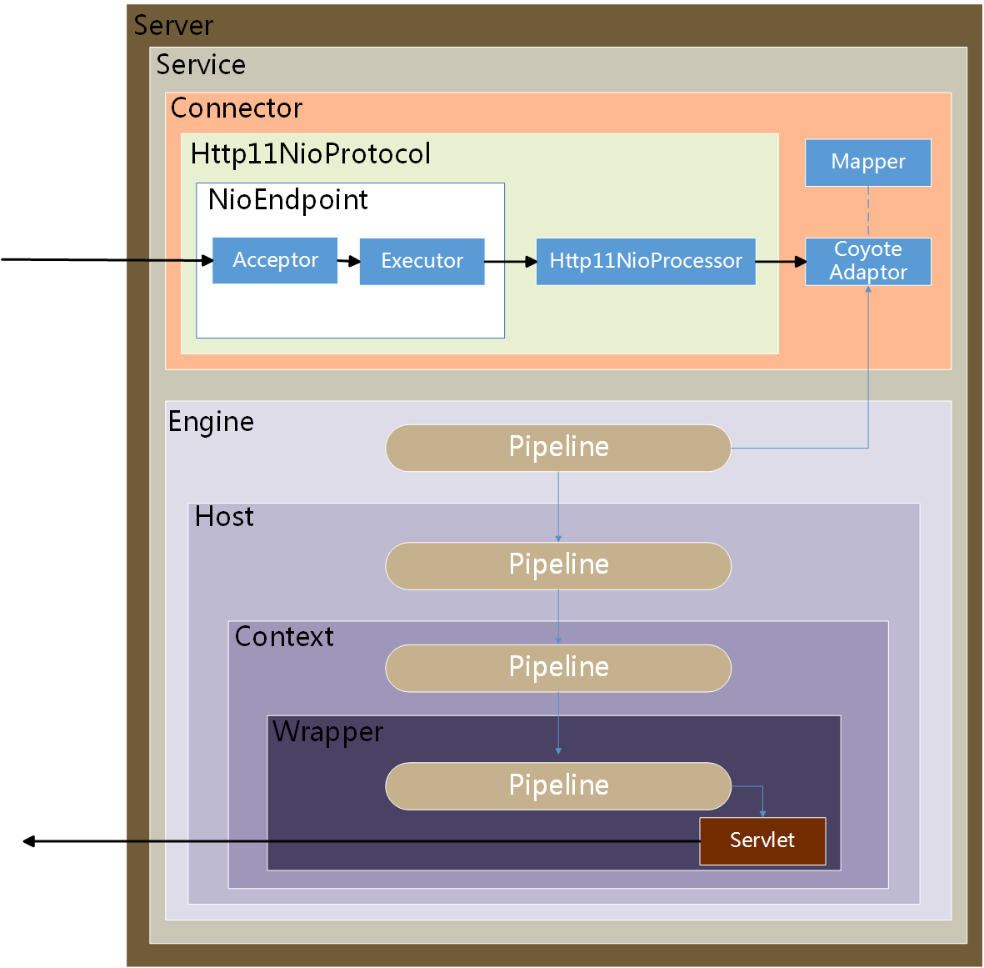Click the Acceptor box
[275, 260]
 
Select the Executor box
[422, 261]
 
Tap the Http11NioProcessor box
[646, 261]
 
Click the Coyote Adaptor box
[867, 261]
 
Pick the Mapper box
[867, 162]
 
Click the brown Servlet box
[762, 840]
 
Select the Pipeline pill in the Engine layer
[558, 448]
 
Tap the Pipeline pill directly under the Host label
[558, 565]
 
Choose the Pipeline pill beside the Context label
[558, 668]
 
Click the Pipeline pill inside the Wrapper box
[558, 785]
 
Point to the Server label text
[173, 26]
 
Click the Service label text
[201, 65]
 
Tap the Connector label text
[236, 108]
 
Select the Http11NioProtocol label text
[310, 154]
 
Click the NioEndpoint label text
[287, 200]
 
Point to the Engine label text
[211, 422]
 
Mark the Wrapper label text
[327, 732]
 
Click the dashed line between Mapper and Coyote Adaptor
[868, 212]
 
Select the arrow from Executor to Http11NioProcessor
[510, 262]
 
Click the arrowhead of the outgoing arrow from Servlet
[28, 841]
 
